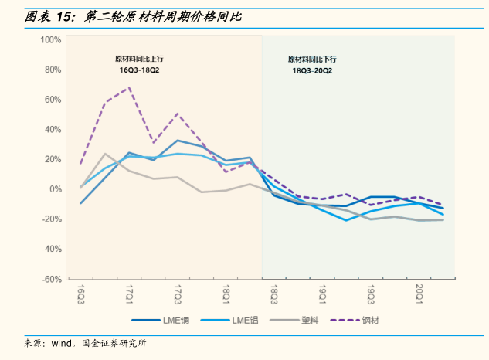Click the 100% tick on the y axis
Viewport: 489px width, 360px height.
(50, 39)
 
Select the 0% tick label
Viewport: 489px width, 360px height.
(55, 189)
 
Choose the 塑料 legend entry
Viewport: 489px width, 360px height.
(302, 319)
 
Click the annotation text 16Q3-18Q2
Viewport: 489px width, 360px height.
(139, 70)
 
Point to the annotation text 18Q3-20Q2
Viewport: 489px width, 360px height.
(312, 70)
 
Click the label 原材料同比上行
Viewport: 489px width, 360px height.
(139, 59)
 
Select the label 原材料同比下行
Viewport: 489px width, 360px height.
(312, 59)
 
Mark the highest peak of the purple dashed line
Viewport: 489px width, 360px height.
(130, 87)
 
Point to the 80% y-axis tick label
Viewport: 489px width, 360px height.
(53, 70)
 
